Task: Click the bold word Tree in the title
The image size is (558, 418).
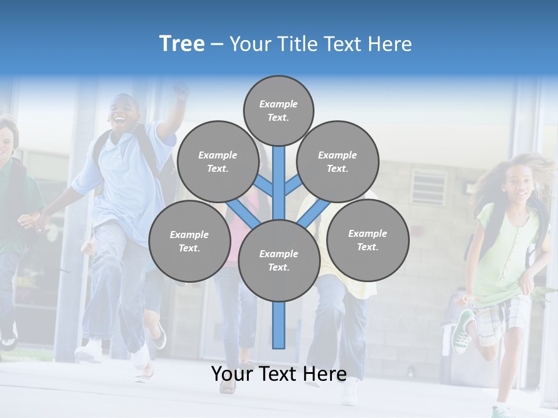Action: pyautogui.click(x=182, y=44)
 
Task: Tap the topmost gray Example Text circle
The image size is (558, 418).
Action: pyautogui.click(x=278, y=110)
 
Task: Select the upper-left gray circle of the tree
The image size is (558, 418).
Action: pyautogui.click(x=217, y=161)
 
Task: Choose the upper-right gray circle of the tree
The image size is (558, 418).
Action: pyautogui.click(x=337, y=161)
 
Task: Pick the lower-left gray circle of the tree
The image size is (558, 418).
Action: pyautogui.click(x=189, y=241)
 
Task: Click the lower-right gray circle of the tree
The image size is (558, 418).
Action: pyautogui.click(x=367, y=240)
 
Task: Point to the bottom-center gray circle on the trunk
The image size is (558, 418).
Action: pyautogui.click(x=278, y=260)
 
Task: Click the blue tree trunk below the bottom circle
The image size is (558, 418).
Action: pyautogui.click(x=279, y=325)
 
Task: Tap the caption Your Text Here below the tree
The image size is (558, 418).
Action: pyautogui.click(x=278, y=374)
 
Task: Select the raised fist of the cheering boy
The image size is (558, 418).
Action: pyautogui.click(x=181, y=91)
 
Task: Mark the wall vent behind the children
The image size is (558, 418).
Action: pyautogui.click(x=429, y=186)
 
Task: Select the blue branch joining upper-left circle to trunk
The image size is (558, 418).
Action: pyautogui.click(x=263, y=186)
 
